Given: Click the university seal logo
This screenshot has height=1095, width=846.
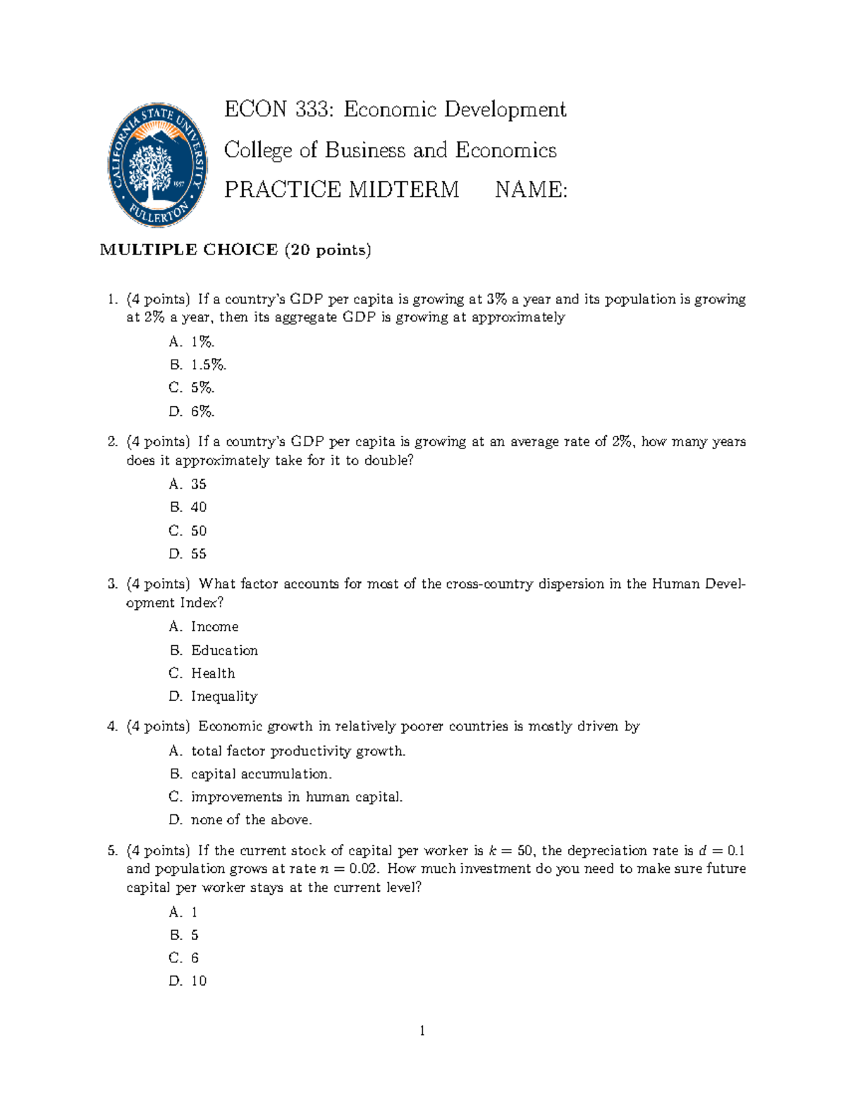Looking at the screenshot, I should (158, 164).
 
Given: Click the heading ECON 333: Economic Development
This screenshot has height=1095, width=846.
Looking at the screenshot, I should (395, 110).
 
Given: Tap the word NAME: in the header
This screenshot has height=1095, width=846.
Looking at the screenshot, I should (531, 190).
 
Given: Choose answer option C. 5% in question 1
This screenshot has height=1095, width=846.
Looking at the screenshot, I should (192, 388).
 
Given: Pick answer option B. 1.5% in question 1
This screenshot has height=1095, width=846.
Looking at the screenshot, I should (197, 365).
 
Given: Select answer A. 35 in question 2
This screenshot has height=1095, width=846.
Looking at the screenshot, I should (188, 484).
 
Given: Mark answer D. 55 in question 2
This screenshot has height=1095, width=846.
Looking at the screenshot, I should (188, 554).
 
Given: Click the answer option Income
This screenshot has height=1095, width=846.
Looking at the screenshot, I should (214, 627).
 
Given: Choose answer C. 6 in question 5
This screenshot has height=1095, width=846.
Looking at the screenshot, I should (184, 958).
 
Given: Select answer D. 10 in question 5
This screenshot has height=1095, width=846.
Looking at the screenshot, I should (188, 981).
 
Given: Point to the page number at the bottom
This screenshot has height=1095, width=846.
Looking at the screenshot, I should (422, 1032).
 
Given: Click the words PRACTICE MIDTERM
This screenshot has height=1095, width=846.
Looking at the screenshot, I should (341, 190).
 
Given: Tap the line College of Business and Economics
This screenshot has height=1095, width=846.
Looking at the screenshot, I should (390, 150).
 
